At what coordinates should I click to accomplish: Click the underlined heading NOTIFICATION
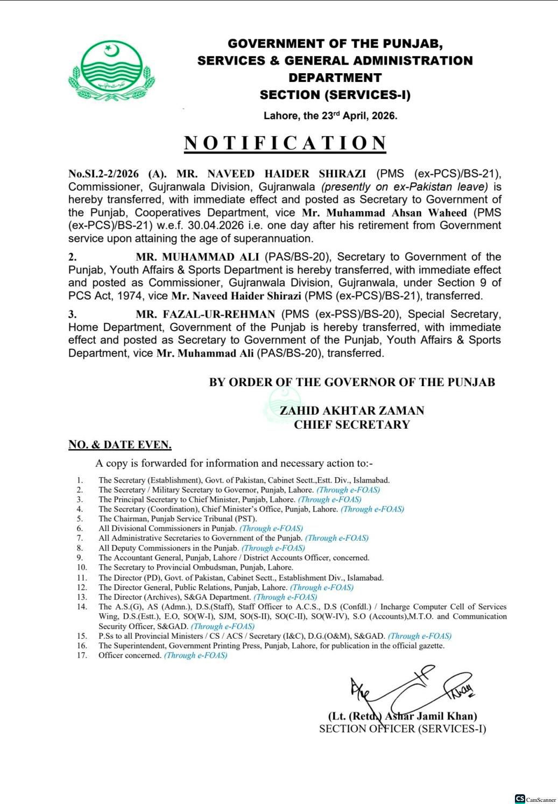[x=285, y=143]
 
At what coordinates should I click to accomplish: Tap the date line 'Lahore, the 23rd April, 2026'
[x=330, y=116]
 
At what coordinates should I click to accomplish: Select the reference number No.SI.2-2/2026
[x=104, y=174]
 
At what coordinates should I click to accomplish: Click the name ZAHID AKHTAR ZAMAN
[x=352, y=410]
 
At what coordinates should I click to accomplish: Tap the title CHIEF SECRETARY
[x=352, y=424]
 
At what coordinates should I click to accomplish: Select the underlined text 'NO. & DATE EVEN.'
[x=120, y=445]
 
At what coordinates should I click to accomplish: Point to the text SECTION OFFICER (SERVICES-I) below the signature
[x=402, y=729]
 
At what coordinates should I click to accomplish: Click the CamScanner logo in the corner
[x=520, y=799]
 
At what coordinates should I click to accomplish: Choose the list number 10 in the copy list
[x=82, y=568]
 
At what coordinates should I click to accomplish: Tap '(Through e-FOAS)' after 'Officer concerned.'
[x=196, y=655]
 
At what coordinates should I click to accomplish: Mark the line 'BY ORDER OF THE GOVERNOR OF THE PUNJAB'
[x=352, y=382]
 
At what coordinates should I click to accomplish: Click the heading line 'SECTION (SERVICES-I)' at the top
[x=335, y=95]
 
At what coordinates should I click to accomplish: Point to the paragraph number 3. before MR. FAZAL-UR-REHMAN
[x=72, y=314]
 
